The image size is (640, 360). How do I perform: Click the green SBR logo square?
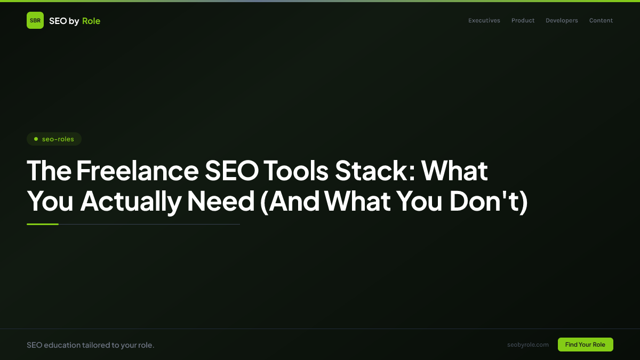click(35, 20)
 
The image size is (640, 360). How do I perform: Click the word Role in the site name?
click(91, 21)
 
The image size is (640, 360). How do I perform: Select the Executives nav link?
click(484, 21)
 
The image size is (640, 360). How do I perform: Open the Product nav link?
click(523, 21)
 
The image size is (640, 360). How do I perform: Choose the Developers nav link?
click(562, 21)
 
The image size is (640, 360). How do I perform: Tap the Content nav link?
click(601, 21)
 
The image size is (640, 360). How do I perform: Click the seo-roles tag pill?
click(54, 139)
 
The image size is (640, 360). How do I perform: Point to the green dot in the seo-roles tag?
click(36, 139)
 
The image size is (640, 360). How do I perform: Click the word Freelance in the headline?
click(137, 171)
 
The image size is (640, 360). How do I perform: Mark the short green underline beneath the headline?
click(43, 225)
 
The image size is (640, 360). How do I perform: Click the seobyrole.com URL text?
click(528, 345)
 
